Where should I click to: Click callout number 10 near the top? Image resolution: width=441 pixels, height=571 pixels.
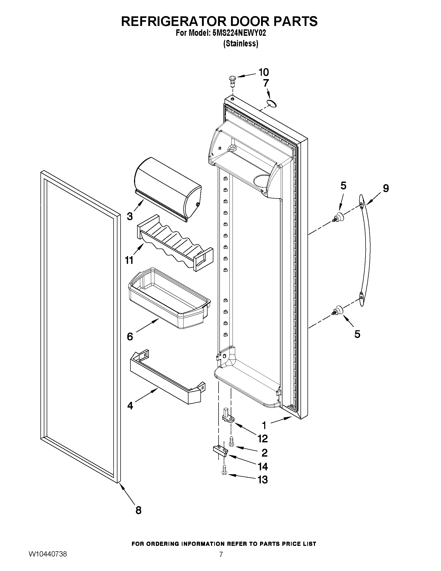click(x=263, y=72)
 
